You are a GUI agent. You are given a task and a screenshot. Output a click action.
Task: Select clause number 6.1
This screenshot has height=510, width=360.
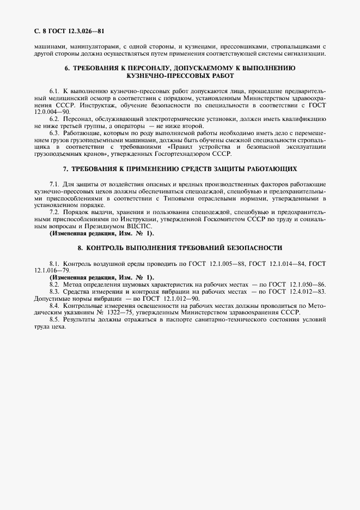tap(54, 89)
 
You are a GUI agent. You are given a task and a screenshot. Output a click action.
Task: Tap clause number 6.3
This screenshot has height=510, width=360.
tap(54, 132)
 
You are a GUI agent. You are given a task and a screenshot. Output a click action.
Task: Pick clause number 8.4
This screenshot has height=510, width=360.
tap(54, 307)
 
